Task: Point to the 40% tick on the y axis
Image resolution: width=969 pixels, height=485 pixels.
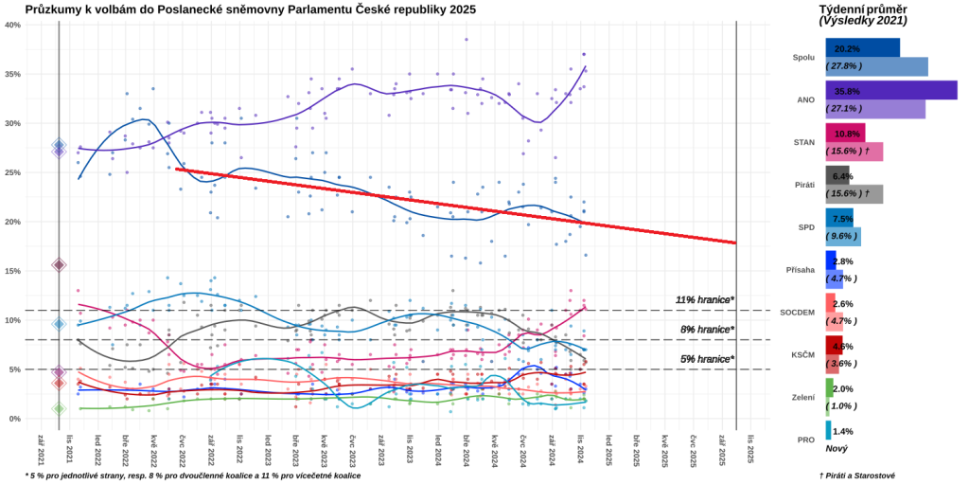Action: pyautogui.click(x=13, y=25)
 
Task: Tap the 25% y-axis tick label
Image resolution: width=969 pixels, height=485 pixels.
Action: pyautogui.click(x=13, y=172)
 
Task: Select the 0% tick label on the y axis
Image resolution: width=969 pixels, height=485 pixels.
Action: pyautogui.click(x=15, y=419)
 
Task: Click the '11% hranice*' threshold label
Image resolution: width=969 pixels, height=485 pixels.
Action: pyautogui.click(x=704, y=300)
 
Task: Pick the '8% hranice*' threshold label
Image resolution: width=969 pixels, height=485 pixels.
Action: pyautogui.click(x=707, y=330)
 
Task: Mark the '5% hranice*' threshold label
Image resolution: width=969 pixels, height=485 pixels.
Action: pyautogui.click(x=707, y=359)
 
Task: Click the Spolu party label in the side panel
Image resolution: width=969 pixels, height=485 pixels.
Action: pyautogui.click(x=802, y=57)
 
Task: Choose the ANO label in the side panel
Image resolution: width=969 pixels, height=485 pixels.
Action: pyautogui.click(x=805, y=99)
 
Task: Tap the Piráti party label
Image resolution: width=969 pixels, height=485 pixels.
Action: pyautogui.click(x=802, y=185)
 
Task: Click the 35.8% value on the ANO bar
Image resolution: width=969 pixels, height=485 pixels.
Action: pyautogui.click(x=847, y=92)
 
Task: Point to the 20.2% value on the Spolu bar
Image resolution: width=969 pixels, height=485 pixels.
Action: pyautogui.click(x=847, y=48)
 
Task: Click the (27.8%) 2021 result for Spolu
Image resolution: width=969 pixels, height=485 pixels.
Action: pyautogui.click(x=847, y=66)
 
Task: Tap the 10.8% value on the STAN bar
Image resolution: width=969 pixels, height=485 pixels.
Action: pyautogui.click(x=847, y=135)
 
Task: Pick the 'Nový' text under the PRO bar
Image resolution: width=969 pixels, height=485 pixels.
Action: pyautogui.click(x=837, y=448)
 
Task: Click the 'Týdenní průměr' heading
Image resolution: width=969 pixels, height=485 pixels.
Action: pyautogui.click(x=862, y=9)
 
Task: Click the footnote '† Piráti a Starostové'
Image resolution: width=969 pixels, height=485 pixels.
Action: pyautogui.click(x=856, y=476)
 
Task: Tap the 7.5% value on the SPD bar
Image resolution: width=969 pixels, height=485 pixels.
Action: pyautogui.click(x=843, y=219)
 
